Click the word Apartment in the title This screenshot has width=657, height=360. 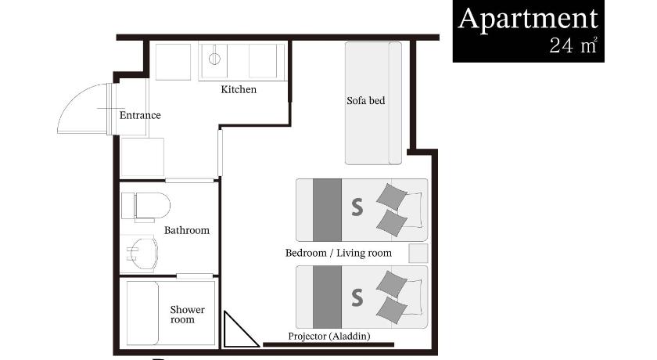point(527,19)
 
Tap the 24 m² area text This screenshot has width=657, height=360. point(573,45)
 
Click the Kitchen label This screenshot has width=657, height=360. point(239,89)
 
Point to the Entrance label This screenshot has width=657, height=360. point(140,115)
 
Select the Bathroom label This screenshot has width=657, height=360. point(186,230)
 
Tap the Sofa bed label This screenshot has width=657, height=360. point(366,101)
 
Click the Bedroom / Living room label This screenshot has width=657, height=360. point(339,253)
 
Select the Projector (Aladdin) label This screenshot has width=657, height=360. point(329,336)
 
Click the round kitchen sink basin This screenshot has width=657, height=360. point(214,59)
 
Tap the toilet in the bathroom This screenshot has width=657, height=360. point(145,206)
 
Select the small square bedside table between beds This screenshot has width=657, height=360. point(418,253)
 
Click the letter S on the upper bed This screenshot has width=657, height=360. point(357,207)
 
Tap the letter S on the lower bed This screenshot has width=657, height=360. point(357,297)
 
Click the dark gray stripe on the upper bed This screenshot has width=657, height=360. point(327,210)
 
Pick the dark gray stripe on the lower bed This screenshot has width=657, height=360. point(327,297)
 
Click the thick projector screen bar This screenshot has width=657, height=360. point(328,345)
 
